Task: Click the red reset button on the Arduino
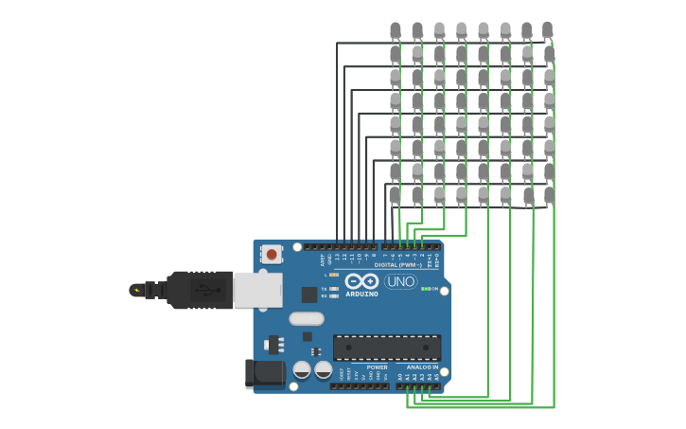[x=272, y=254]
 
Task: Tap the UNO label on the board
[x=400, y=281]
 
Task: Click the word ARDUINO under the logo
[x=362, y=295]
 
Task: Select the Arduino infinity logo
[x=361, y=281]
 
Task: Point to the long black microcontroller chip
[x=386, y=347]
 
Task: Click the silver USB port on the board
[x=257, y=290]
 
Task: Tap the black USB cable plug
[x=200, y=290]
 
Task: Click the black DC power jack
[x=264, y=373]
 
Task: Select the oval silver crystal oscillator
[x=307, y=319]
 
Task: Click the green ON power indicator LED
[x=425, y=289]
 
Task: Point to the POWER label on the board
[x=377, y=367]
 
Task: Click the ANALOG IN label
[x=422, y=367]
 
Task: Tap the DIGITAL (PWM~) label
[x=398, y=265]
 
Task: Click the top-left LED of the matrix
[x=396, y=31]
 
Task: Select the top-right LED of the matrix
[x=547, y=31]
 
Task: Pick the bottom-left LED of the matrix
[x=395, y=195]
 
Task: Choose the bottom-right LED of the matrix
[x=549, y=195]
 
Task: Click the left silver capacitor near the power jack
[x=302, y=369]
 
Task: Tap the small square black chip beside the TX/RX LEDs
[x=308, y=295]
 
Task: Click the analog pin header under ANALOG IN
[x=417, y=385]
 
